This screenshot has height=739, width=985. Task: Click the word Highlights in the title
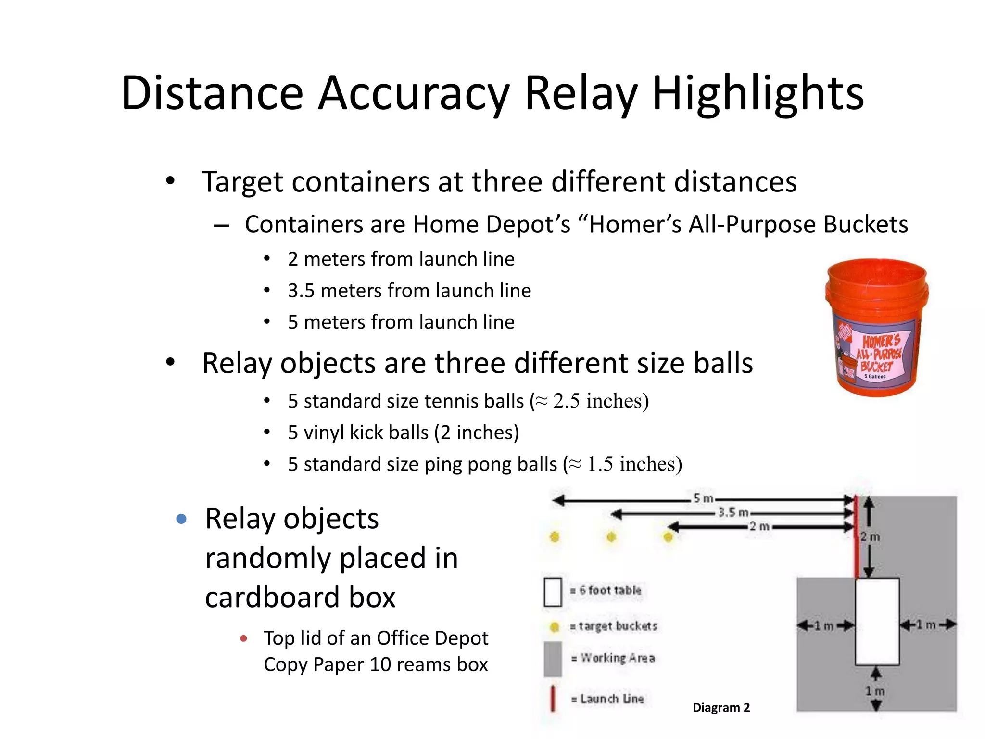tap(758, 94)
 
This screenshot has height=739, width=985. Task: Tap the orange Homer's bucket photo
tap(877, 327)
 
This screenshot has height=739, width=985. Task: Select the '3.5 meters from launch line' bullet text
tap(409, 291)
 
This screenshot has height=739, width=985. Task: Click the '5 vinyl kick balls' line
tap(403, 433)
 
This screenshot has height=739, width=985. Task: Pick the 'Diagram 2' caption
tap(721, 707)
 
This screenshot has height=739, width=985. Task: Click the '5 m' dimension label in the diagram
tap(703, 498)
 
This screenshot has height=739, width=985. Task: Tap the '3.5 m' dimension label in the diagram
tap(733, 512)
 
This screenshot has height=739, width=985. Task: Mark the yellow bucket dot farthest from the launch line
tap(555, 537)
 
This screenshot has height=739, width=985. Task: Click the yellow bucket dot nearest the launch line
tap(668, 537)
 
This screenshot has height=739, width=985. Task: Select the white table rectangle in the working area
tap(877, 622)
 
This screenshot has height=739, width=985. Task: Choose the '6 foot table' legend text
tap(610, 590)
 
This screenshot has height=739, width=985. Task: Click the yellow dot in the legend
tap(554, 626)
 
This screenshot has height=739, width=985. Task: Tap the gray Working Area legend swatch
tap(553, 658)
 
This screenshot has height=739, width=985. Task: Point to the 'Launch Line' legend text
tap(611, 699)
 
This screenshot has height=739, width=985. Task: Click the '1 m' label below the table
tap(875, 691)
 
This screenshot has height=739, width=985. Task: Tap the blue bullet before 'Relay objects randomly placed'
tap(181, 519)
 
